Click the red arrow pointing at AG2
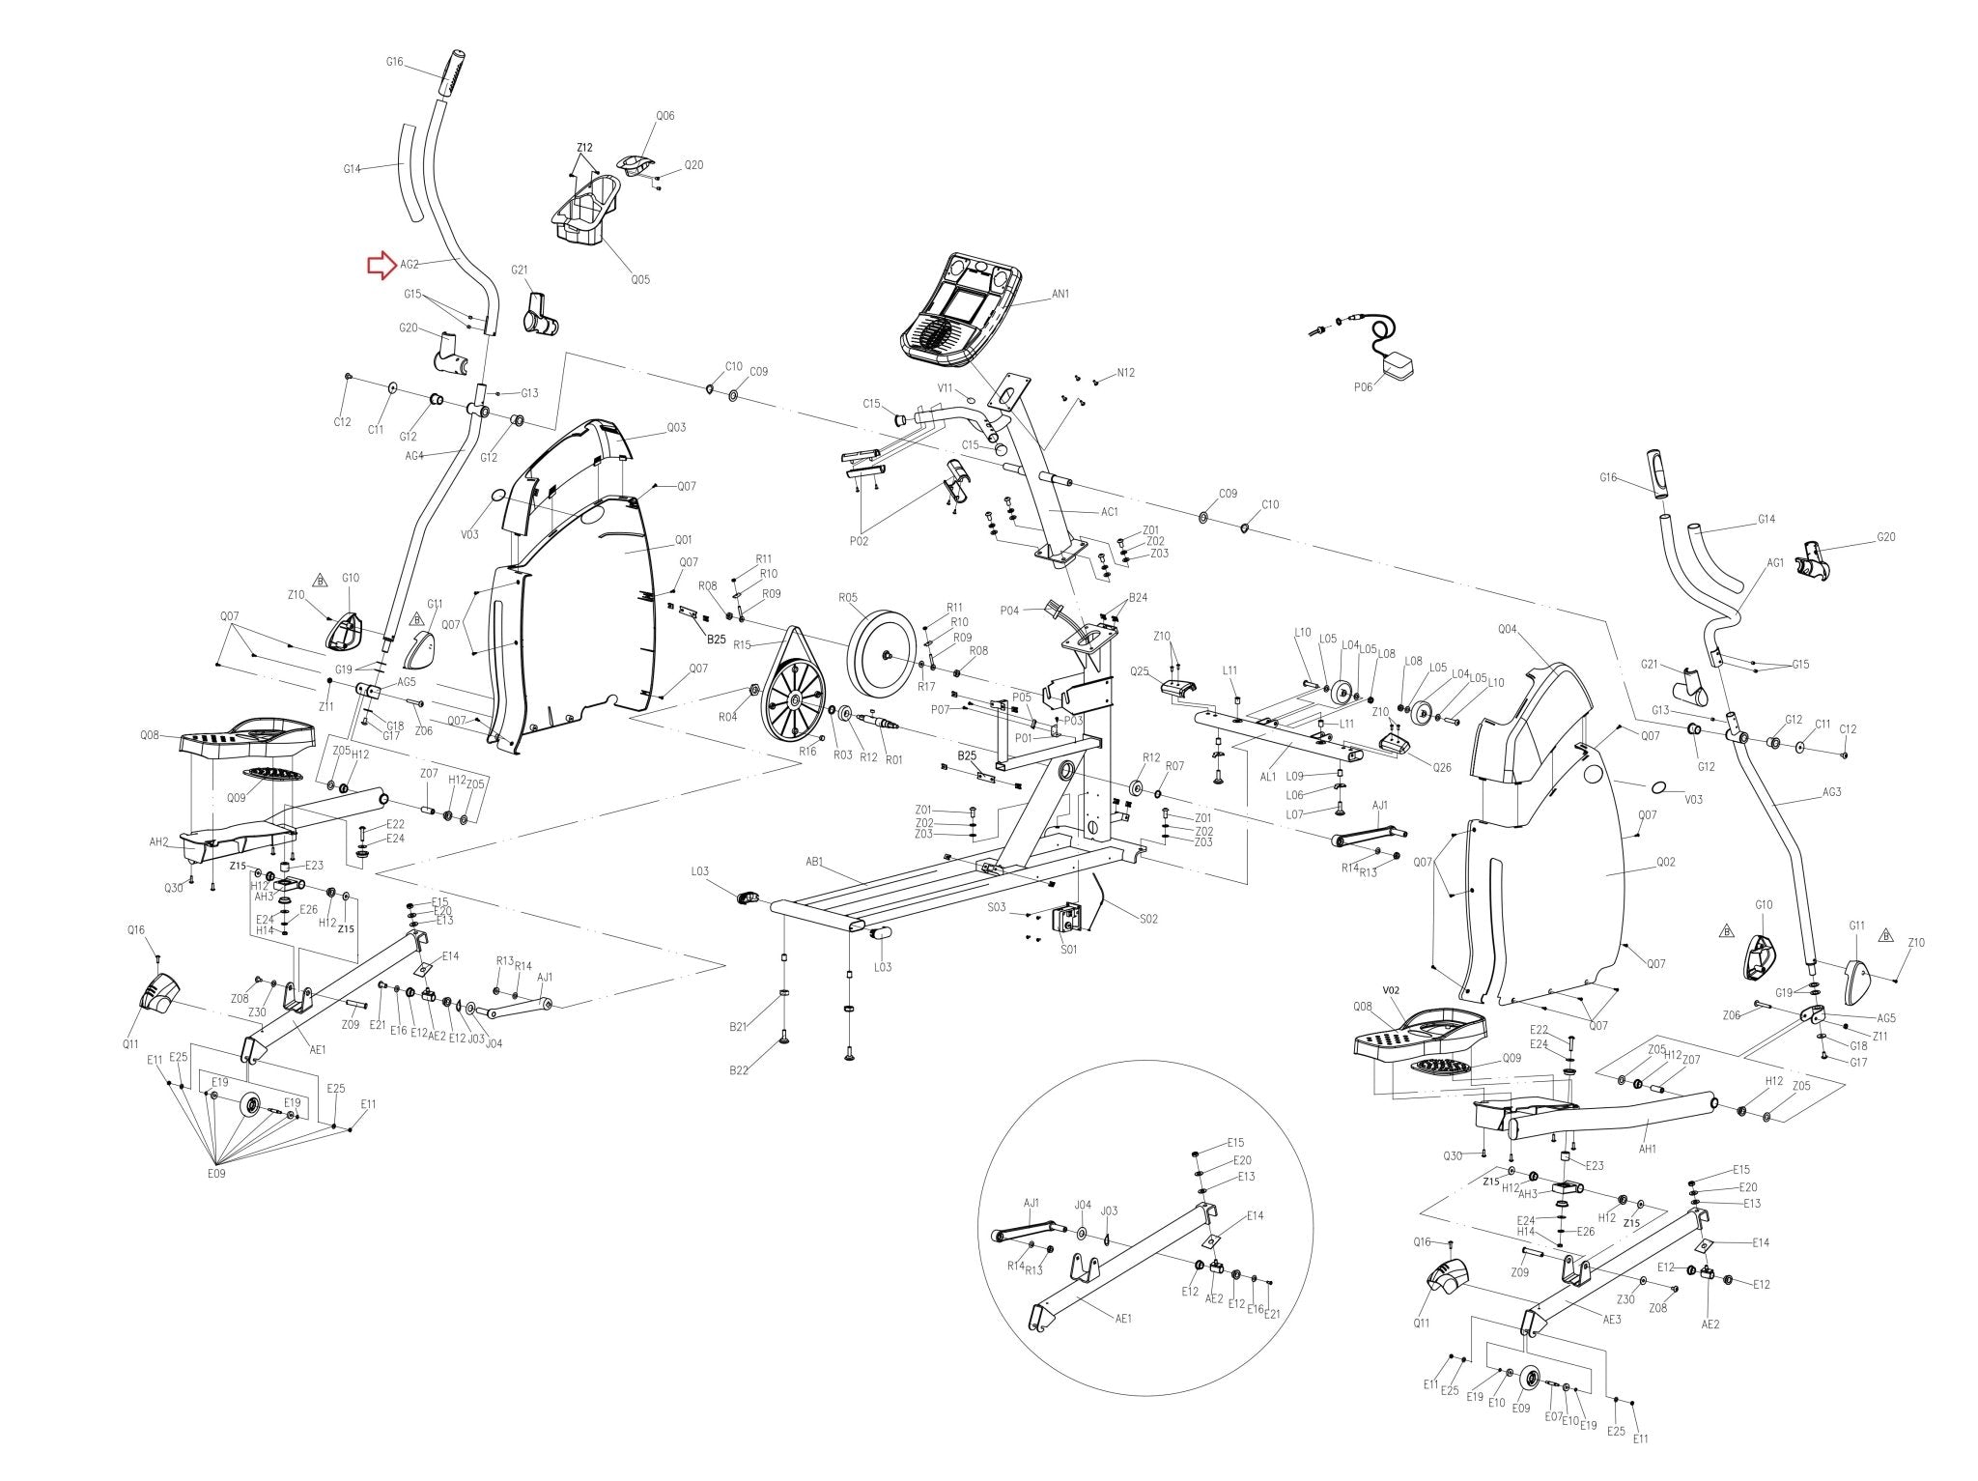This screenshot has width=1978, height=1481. (x=380, y=266)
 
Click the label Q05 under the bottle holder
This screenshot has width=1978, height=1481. (x=639, y=280)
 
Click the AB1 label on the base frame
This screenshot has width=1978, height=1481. (x=813, y=861)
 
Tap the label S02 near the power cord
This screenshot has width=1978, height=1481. (x=1147, y=919)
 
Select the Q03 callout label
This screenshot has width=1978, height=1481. (x=676, y=427)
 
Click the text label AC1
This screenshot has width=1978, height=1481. (x=1109, y=512)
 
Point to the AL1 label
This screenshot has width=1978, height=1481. (x=1267, y=776)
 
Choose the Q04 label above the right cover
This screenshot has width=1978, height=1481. (x=1507, y=629)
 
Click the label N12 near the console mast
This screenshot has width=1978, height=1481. (x=1125, y=373)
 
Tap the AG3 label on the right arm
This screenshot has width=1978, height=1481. (x=1831, y=792)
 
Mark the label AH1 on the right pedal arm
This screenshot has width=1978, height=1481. (x=1648, y=1149)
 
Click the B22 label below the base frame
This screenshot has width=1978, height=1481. (x=739, y=1069)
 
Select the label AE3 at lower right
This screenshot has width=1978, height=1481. (x=1611, y=1318)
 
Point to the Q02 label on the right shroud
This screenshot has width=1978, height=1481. (x=1665, y=862)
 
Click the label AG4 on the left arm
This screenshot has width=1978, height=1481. (x=414, y=455)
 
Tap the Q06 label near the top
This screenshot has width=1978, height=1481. (x=665, y=116)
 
